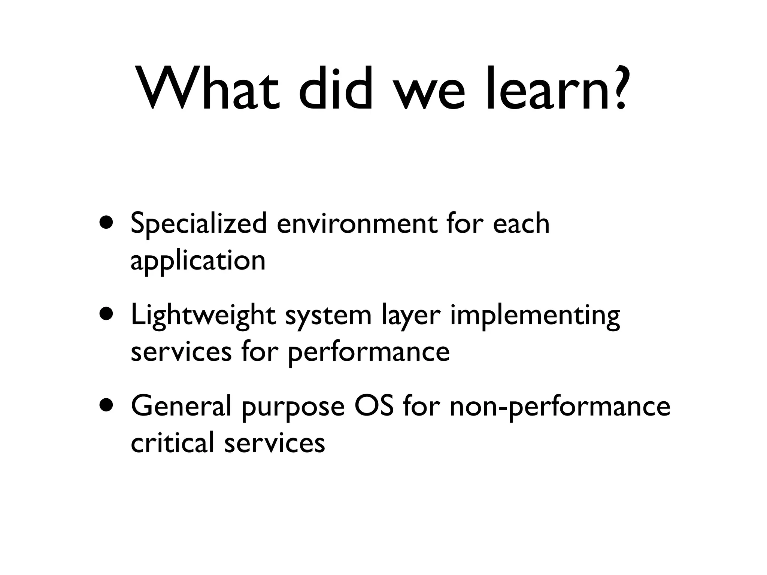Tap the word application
tap(198, 262)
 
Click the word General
tap(181, 407)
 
